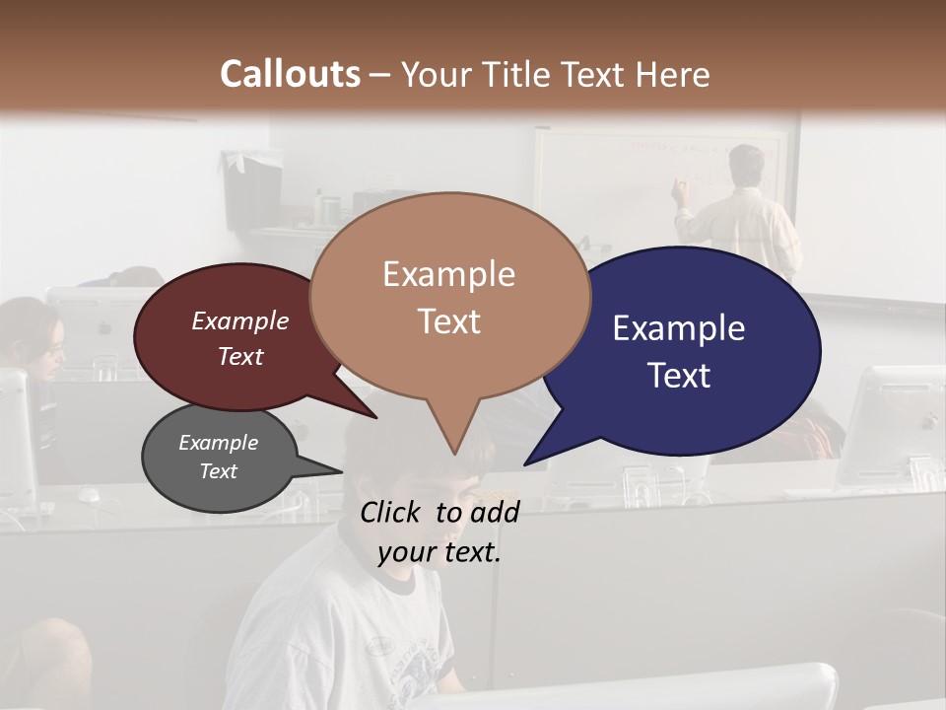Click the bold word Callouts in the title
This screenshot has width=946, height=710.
click(290, 74)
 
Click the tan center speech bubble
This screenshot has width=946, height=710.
click(449, 296)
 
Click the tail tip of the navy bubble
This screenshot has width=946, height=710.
click(526, 463)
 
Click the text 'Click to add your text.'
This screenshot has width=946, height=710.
click(439, 532)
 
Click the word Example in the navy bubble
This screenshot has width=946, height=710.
click(679, 328)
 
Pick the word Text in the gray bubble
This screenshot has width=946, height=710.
click(219, 471)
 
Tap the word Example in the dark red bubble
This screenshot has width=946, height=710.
click(240, 320)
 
